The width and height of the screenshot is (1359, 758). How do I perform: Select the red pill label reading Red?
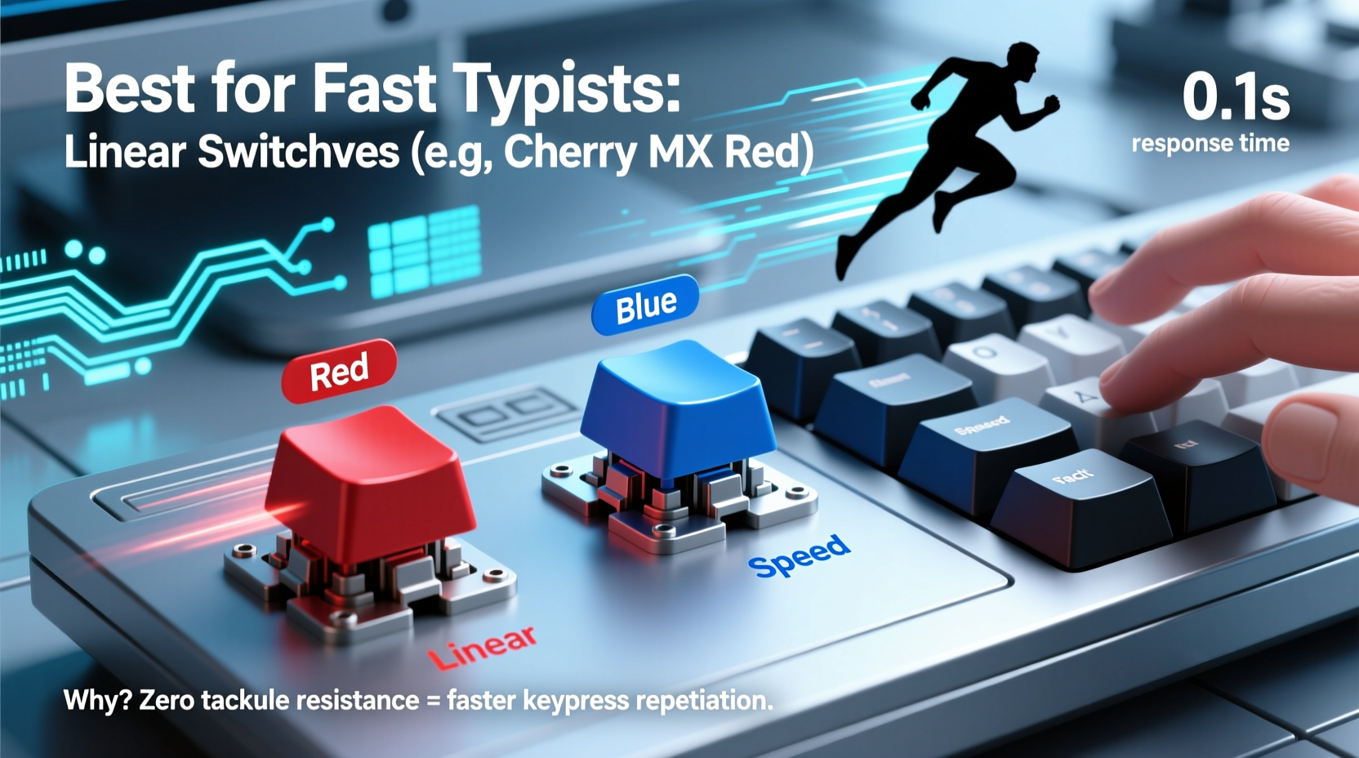[x=339, y=372]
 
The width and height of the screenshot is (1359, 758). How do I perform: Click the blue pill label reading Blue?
[x=645, y=305]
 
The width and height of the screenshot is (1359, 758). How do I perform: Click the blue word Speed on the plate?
[x=799, y=555]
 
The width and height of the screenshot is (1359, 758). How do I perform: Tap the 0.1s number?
[x=1235, y=97]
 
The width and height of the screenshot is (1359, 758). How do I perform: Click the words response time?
[x=1210, y=144]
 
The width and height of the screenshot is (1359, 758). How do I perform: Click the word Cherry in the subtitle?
[x=568, y=152]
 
